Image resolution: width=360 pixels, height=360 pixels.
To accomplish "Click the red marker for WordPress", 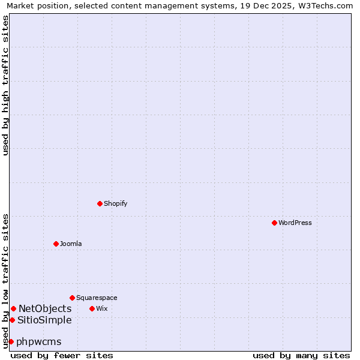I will pos(274,223).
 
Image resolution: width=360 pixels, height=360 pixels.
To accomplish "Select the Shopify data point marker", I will pos(100,203).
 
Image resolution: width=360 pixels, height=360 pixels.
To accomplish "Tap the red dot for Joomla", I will pos(56,244).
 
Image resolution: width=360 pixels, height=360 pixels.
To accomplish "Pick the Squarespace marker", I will pos(72,298).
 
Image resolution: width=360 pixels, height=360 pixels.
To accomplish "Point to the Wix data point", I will pos(92,308).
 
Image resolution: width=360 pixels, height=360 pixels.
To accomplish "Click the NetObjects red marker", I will pos(13,308).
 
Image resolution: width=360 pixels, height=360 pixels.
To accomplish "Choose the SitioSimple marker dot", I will pos(12,320).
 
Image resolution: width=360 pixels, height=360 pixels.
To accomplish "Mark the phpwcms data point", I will pos(11,341).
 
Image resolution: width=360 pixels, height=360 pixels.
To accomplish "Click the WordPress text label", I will pos(295,223).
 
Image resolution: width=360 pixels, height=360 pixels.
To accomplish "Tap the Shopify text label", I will pos(116,203).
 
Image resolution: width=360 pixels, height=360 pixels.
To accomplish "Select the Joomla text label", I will pos(71,244).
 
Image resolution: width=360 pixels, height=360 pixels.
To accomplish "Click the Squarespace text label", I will pos(97,298).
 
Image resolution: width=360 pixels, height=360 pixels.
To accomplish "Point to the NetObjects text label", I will pos(45,308).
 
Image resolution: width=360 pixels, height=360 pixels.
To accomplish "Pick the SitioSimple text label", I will pos(44,320).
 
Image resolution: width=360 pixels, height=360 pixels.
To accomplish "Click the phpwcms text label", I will pos(39,341).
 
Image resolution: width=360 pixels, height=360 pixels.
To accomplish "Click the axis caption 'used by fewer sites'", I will pos(62,355).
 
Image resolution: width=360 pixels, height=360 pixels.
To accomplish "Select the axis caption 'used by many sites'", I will pos(301,355).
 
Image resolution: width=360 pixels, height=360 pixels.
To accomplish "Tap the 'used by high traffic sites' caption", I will pos(5,85).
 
